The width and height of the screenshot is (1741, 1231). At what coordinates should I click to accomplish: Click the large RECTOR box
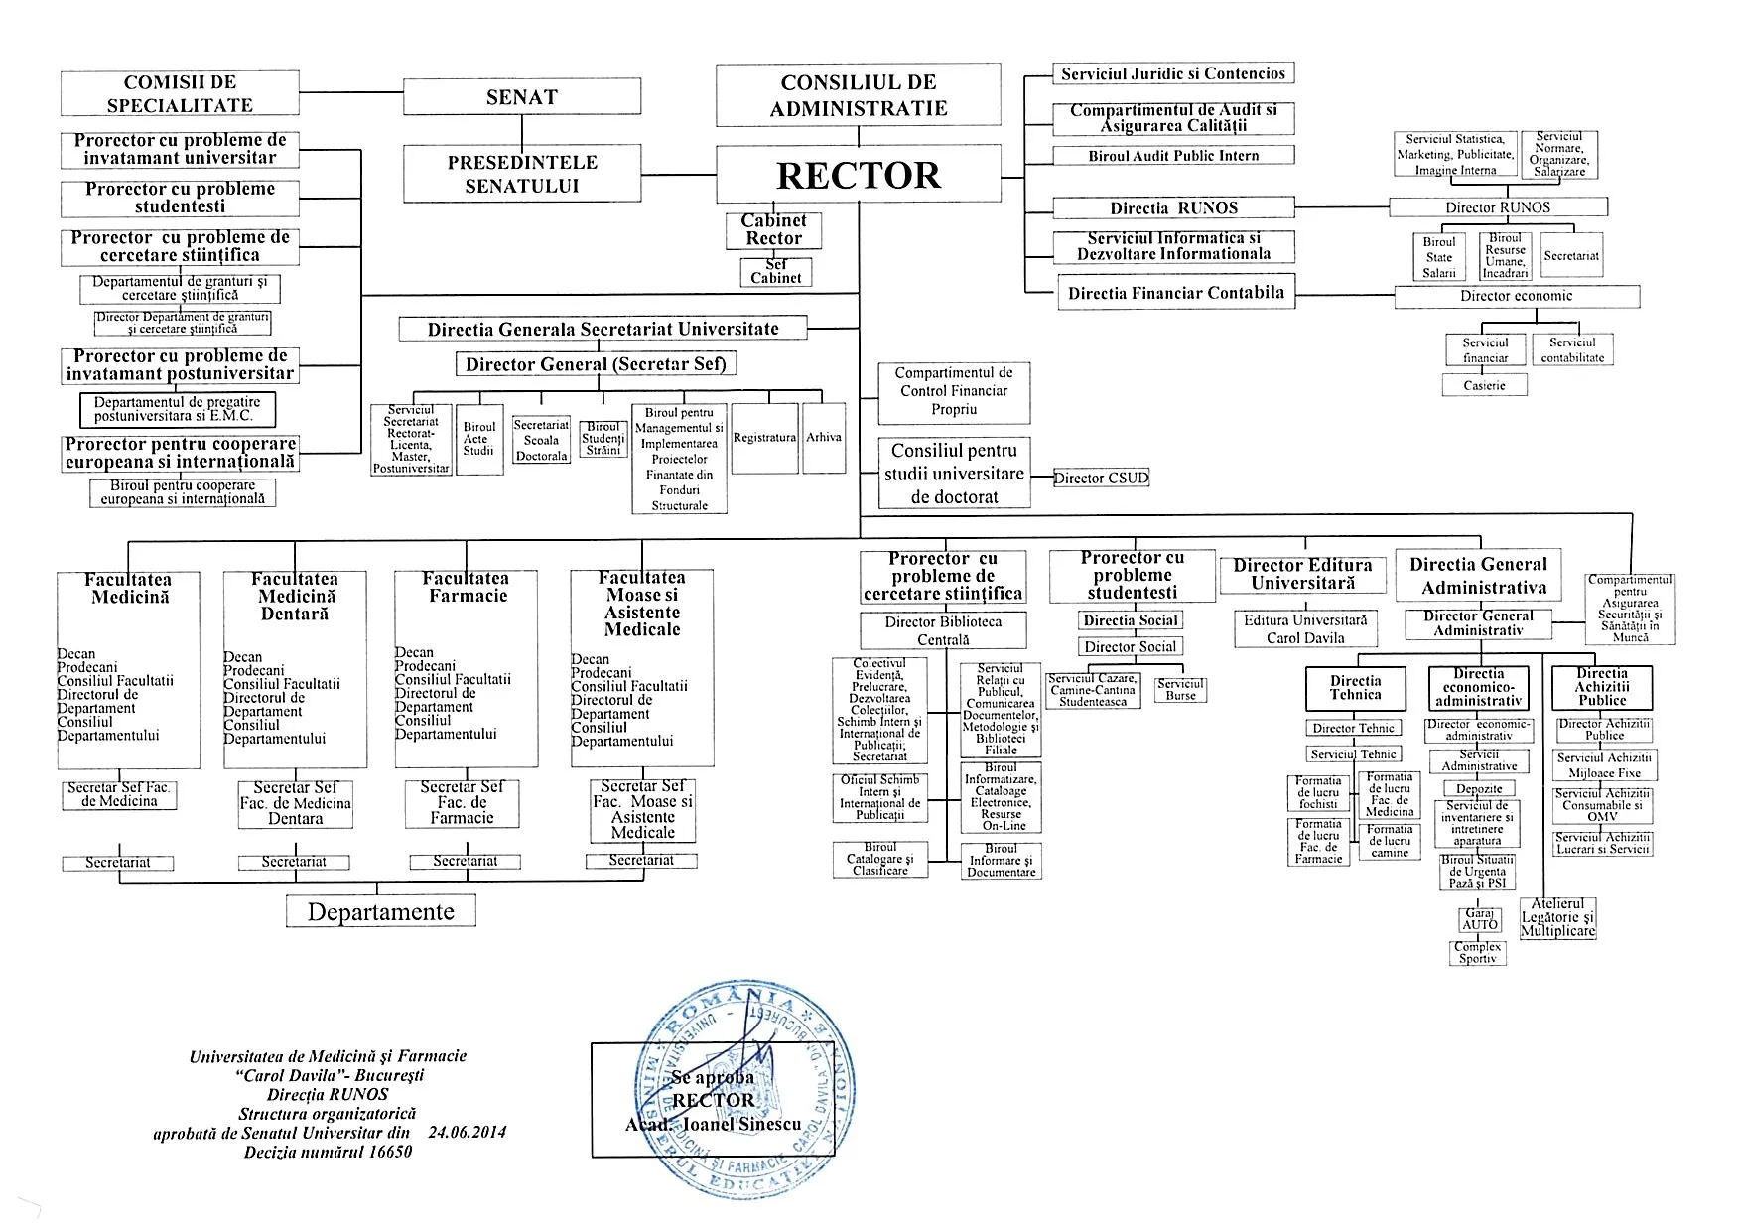(859, 176)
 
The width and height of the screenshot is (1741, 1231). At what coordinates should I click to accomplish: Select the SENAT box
(521, 97)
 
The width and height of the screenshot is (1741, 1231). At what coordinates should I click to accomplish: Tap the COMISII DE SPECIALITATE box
(180, 93)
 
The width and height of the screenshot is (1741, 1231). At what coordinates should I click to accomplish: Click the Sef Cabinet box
(775, 272)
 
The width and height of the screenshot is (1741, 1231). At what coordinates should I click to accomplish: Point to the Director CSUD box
(1101, 479)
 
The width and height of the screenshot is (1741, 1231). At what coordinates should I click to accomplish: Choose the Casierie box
(1484, 385)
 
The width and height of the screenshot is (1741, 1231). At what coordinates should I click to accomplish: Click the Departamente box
(381, 912)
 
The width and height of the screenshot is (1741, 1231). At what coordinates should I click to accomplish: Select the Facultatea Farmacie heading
(466, 587)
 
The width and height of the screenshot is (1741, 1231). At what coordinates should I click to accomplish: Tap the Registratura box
(764, 438)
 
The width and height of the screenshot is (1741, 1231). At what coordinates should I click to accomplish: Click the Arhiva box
(824, 438)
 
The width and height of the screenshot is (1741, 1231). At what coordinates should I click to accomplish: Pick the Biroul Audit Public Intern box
(1173, 156)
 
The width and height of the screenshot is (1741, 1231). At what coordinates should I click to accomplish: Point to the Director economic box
(1516, 296)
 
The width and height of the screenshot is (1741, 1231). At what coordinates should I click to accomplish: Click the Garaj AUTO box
(1479, 919)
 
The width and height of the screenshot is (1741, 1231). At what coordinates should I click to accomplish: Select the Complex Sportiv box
(1478, 953)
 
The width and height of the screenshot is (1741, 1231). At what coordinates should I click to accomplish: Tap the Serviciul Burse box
(1180, 690)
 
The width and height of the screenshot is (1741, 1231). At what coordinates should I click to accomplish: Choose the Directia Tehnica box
(1355, 687)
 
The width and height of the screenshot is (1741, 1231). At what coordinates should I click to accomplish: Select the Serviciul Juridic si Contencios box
(1173, 73)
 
